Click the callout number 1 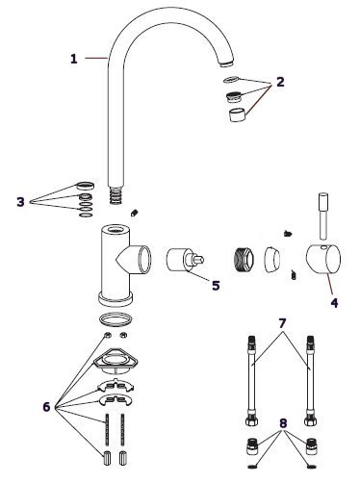tap(74, 59)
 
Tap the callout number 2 tap(280, 82)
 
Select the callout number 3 tap(20, 202)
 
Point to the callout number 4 tap(334, 302)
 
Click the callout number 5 tap(216, 285)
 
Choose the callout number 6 tap(46, 407)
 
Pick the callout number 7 tap(282, 323)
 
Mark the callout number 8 tap(283, 423)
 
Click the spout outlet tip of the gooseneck tap(227, 63)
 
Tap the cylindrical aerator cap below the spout tap(238, 114)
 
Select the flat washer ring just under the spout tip tap(231, 79)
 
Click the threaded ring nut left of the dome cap tap(244, 260)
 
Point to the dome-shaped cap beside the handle tap(272, 260)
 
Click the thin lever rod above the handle tap(323, 216)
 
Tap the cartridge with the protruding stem tap(184, 260)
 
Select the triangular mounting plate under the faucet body tap(116, 361)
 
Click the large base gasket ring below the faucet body tap(116, 319)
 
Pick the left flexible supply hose tap(251, 380)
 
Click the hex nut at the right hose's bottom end tap(310, 420)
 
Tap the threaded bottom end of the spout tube tap(116, 194)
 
